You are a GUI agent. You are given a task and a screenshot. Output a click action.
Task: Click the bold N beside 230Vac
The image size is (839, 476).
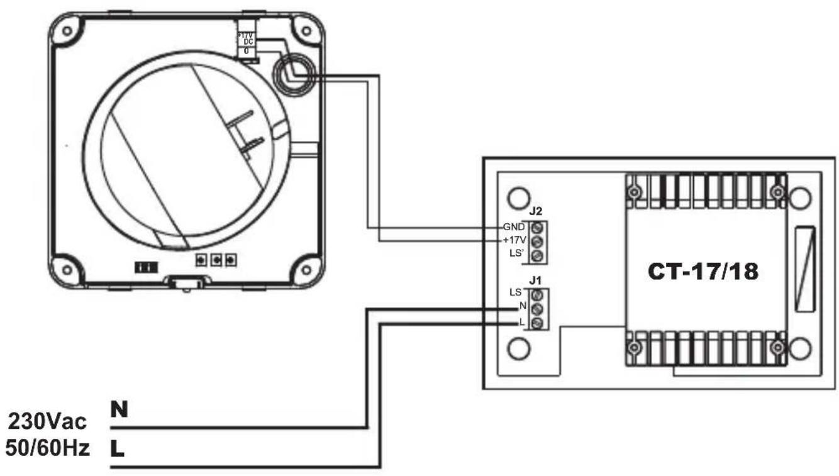click(x=118, y=409)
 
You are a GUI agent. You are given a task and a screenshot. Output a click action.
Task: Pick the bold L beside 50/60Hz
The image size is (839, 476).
click(x=118, y=448)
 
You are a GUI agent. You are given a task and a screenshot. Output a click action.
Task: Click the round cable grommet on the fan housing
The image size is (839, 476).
click(x=289, y=72)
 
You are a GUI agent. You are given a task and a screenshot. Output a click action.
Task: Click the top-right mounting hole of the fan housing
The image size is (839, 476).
click(x=306, y=31)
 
